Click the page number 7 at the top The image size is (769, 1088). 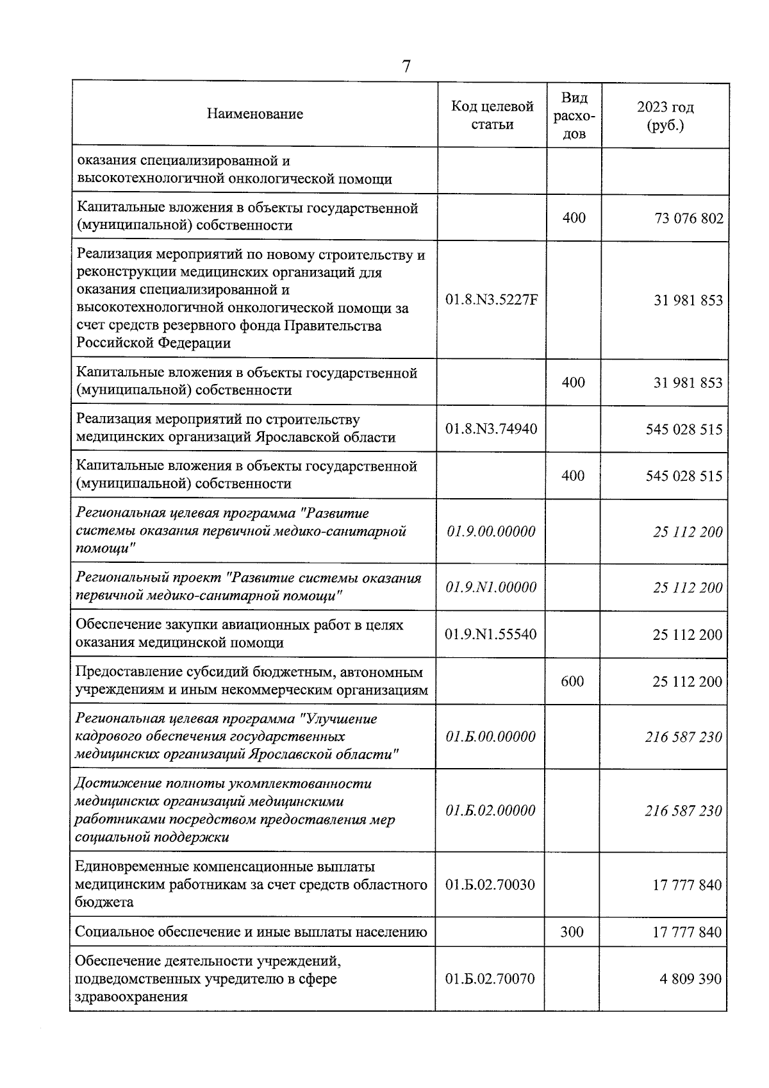pos(406,67)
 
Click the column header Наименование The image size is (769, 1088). pos(255,114)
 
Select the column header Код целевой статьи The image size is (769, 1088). pos(492,115)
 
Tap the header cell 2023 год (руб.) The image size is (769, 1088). pos(665,116)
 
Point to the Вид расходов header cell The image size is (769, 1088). pos(574,116)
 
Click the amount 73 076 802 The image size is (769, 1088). pos(688,219)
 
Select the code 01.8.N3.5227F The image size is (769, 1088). pos(492,300)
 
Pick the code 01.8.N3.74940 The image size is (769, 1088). pos(492,429)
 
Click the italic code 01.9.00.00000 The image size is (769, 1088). pos(491,531)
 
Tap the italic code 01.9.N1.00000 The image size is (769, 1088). pos(491,587)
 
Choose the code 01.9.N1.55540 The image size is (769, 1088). pos(491,635)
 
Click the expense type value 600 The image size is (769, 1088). pos(572,681)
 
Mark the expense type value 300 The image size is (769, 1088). pos(572,932)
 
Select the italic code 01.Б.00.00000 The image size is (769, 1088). pos(490,737)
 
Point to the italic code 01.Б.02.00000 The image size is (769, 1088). pos(490,810)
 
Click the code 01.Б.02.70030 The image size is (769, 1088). pos(490,885)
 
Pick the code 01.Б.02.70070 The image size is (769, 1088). pos(490,979)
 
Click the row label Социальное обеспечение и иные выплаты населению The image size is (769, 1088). pos(251,932)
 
